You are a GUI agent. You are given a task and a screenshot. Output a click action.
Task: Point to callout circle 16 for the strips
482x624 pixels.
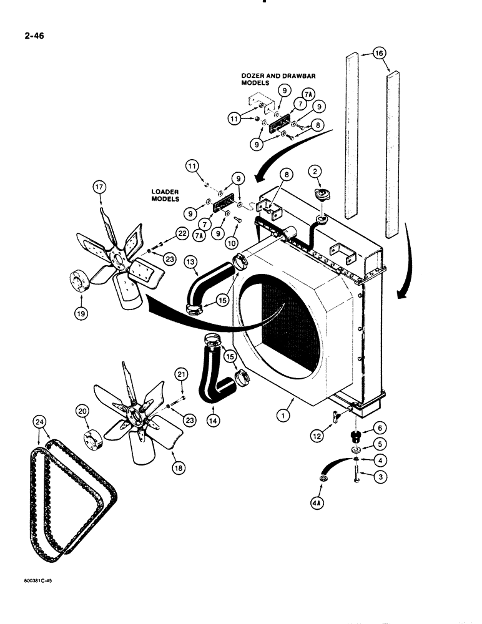[380, 54]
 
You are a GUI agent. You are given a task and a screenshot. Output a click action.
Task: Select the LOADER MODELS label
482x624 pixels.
[165, 195]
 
